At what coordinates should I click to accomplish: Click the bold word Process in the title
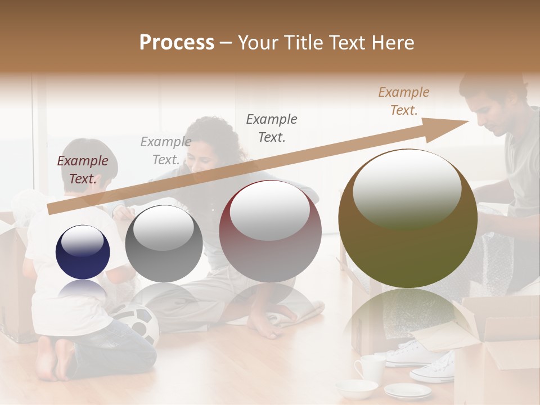[x=177, y=43]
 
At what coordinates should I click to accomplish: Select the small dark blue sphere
[x=83, y=251]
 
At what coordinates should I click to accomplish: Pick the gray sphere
[x=164, y=244]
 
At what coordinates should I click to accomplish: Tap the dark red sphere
[x=270, y=231]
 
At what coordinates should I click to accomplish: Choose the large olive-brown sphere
[x=408, y=218]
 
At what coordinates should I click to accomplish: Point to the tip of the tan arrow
[x=468, y=121]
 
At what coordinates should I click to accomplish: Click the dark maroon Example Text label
[x=83, y=170]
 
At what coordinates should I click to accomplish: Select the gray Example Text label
[x=165, y=151]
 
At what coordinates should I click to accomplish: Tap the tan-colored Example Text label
[x=404, y=101]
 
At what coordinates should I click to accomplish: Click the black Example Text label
[x=272, y=128]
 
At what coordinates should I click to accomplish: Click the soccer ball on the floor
[x=138, y=323]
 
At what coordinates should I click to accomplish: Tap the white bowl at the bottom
[x=357, y=388]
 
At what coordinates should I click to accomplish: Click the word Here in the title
[x=393, y=43]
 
